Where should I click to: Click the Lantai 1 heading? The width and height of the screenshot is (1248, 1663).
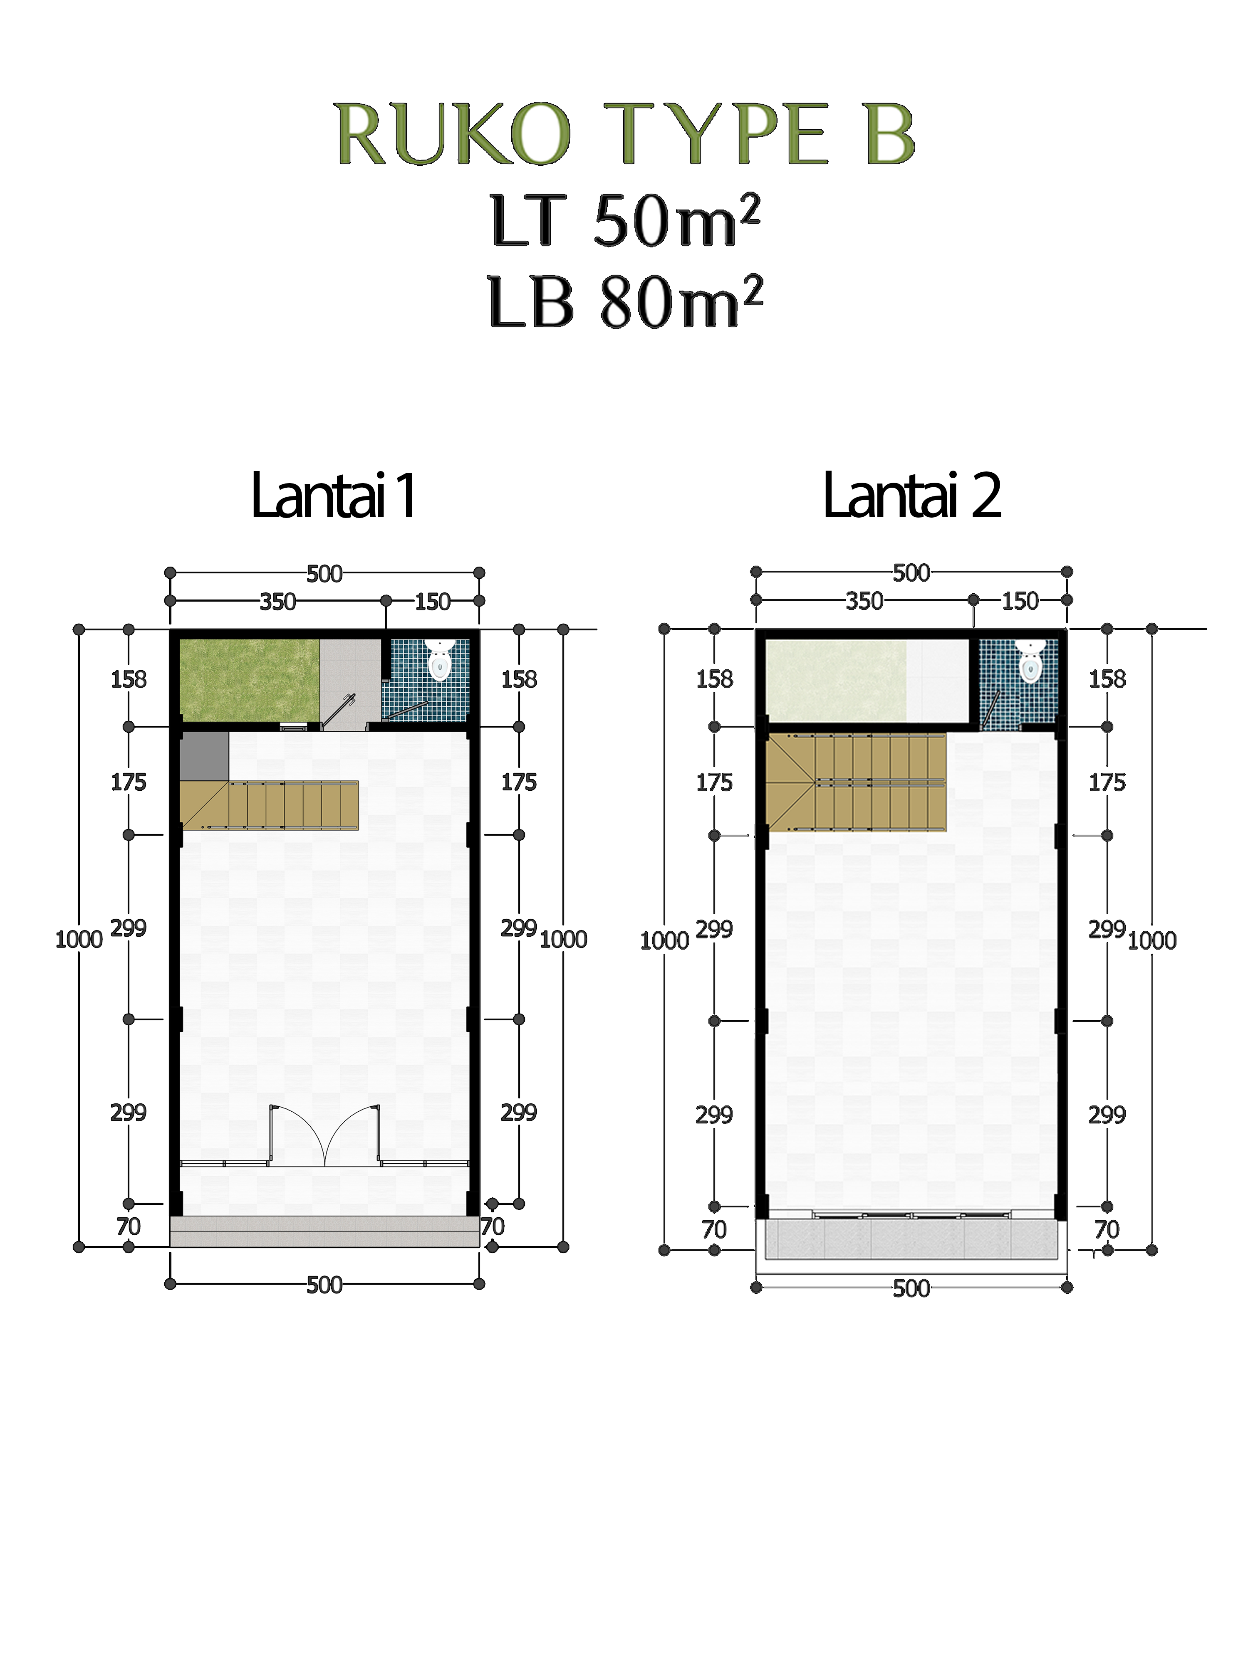(333, 496)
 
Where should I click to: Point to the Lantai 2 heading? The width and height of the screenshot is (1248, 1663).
(912, 496)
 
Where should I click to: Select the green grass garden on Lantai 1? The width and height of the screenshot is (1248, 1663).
(250, 680)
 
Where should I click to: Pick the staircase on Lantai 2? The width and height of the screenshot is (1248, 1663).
(856, 782)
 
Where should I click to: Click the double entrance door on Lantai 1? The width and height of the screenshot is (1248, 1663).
(324, 1136)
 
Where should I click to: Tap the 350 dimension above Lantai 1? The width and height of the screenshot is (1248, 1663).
(277, 602)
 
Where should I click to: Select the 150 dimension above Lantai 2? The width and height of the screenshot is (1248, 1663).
(1020, 601)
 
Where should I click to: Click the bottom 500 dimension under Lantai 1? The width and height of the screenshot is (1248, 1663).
(324, 1285)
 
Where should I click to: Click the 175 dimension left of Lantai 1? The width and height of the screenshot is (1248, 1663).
(129, 782)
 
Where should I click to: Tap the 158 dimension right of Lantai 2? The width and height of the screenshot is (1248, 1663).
(1107, 679)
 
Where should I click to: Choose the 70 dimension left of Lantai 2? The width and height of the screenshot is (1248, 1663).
(714, 1229)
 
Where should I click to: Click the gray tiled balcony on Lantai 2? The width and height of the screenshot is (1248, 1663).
(911, 1238)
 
